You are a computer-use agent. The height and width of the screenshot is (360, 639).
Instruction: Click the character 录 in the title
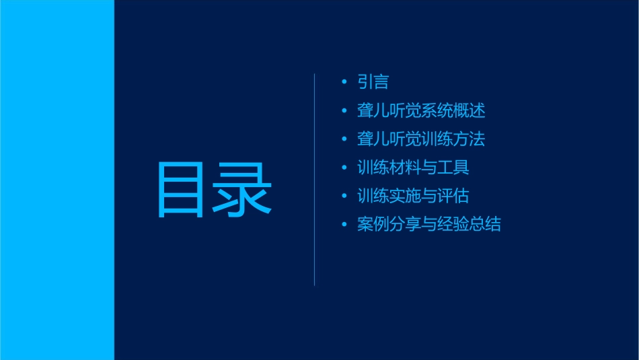coord(243,190)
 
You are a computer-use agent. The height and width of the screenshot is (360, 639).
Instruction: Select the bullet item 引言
coord(373,82)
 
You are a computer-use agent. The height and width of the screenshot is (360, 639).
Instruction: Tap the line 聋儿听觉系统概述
coord(421,110)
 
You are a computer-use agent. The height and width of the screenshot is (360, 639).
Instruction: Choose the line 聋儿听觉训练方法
coord(421,139)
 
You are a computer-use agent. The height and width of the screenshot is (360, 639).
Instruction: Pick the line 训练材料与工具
coord(413,168)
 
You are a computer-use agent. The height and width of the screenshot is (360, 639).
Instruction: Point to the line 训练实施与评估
coord(413,196)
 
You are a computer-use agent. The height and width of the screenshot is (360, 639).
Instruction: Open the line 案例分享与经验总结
coord(429,224)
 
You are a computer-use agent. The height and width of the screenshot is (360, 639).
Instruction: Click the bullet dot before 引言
coord(344,83)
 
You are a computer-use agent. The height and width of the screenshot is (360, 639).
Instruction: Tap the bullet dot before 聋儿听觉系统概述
coord(344,111)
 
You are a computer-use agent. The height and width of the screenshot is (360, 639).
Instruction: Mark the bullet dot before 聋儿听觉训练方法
coord(344,139)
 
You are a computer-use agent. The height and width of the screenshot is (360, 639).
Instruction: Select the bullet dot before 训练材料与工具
coord(344,168)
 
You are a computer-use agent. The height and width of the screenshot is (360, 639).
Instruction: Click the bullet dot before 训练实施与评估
coord(344,196)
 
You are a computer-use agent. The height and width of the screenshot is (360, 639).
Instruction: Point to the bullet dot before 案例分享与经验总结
coord(344,224)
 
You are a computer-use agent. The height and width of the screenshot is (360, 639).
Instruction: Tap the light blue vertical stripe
coord(57,180)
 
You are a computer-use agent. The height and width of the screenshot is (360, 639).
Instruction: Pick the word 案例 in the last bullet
coord(373,224)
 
